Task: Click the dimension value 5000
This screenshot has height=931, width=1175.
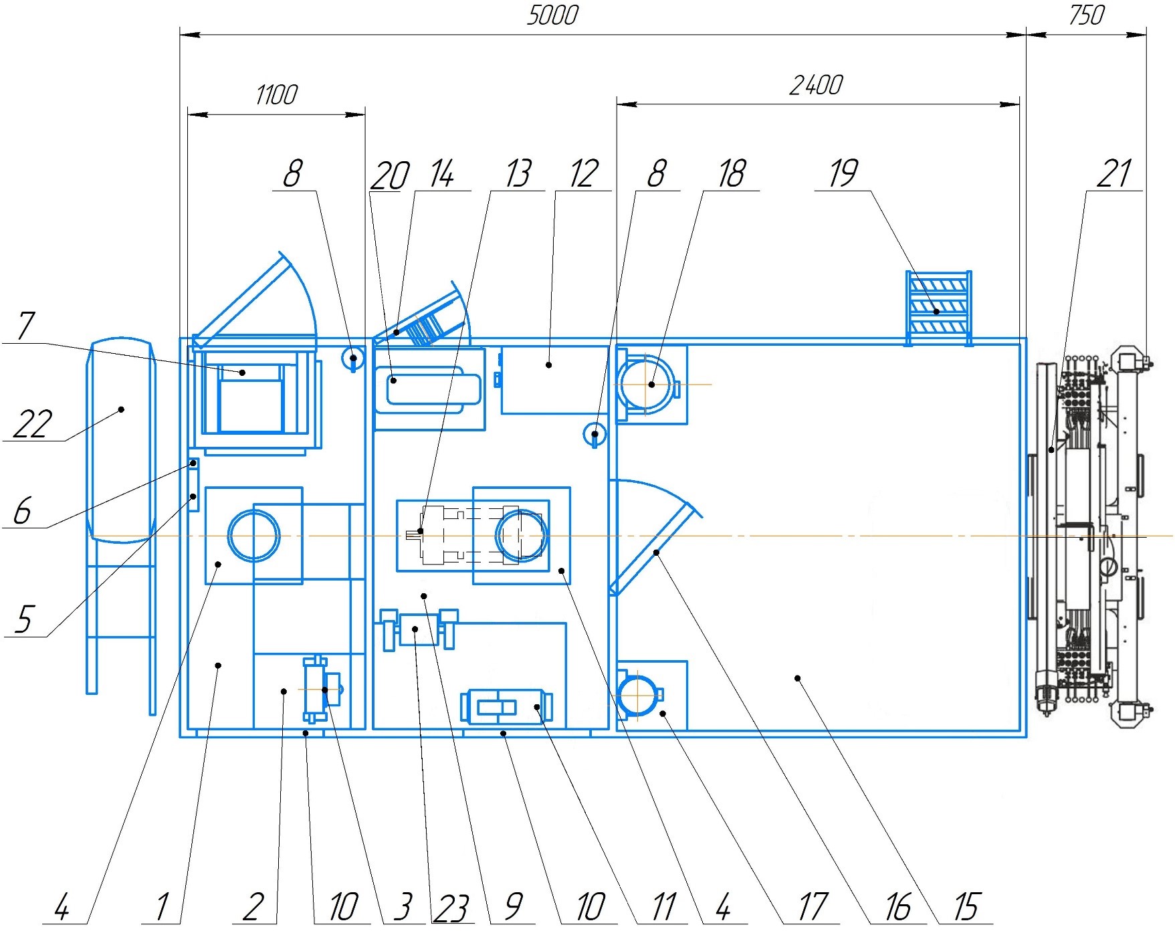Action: (552, 15)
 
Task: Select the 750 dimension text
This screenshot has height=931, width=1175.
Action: (1087, 15)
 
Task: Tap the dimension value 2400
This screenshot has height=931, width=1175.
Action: (816, 85)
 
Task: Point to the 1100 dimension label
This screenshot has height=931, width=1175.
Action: (276, 95)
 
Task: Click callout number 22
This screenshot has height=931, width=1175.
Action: (32, 424)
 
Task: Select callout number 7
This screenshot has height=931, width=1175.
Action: (25, 326)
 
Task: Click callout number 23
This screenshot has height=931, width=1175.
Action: (451, 908)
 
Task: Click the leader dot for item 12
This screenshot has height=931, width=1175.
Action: (549, 365)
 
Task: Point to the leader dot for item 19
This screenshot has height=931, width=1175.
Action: (936, 312)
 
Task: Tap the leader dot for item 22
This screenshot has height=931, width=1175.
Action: (122, 409)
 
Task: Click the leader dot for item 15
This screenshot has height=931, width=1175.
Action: (797, 678)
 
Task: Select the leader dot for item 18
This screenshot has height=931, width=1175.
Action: (651, 385)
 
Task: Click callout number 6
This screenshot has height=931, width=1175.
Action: (23, 511)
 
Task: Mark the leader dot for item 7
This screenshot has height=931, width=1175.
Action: (243, 373)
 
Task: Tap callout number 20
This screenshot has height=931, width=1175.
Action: (389, 176)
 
